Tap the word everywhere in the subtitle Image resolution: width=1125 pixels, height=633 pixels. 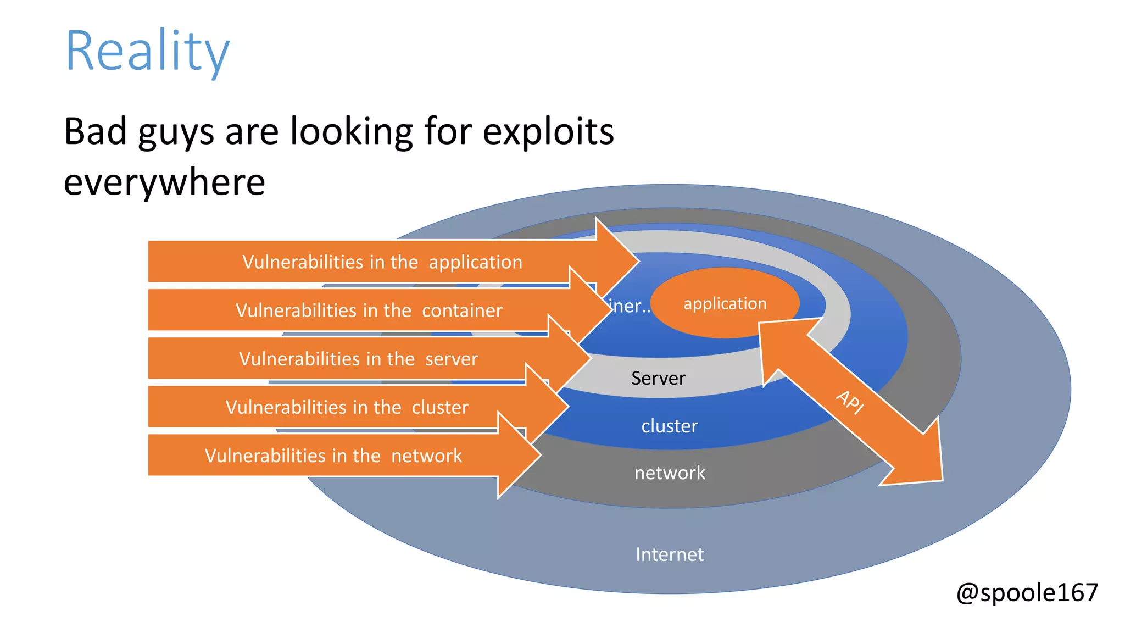point(164,182)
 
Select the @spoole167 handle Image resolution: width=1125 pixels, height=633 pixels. point(1027,593)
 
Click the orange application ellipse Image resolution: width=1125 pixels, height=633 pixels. point(725,303)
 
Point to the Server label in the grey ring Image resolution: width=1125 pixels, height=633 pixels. point(658,378)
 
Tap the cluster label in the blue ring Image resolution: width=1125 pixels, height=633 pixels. point(669,426)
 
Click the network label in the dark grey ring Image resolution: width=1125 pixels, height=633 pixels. point(669,473)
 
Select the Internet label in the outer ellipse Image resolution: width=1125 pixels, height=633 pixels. point(669,554)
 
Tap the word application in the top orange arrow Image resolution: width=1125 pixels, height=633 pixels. point(475,262)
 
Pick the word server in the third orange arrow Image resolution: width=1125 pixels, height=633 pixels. point(451,359)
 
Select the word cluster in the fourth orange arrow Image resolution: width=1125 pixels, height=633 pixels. point(439,407)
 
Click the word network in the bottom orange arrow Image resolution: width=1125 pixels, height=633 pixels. point(426,456)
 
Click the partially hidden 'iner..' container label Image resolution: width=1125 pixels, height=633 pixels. point(629,306)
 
